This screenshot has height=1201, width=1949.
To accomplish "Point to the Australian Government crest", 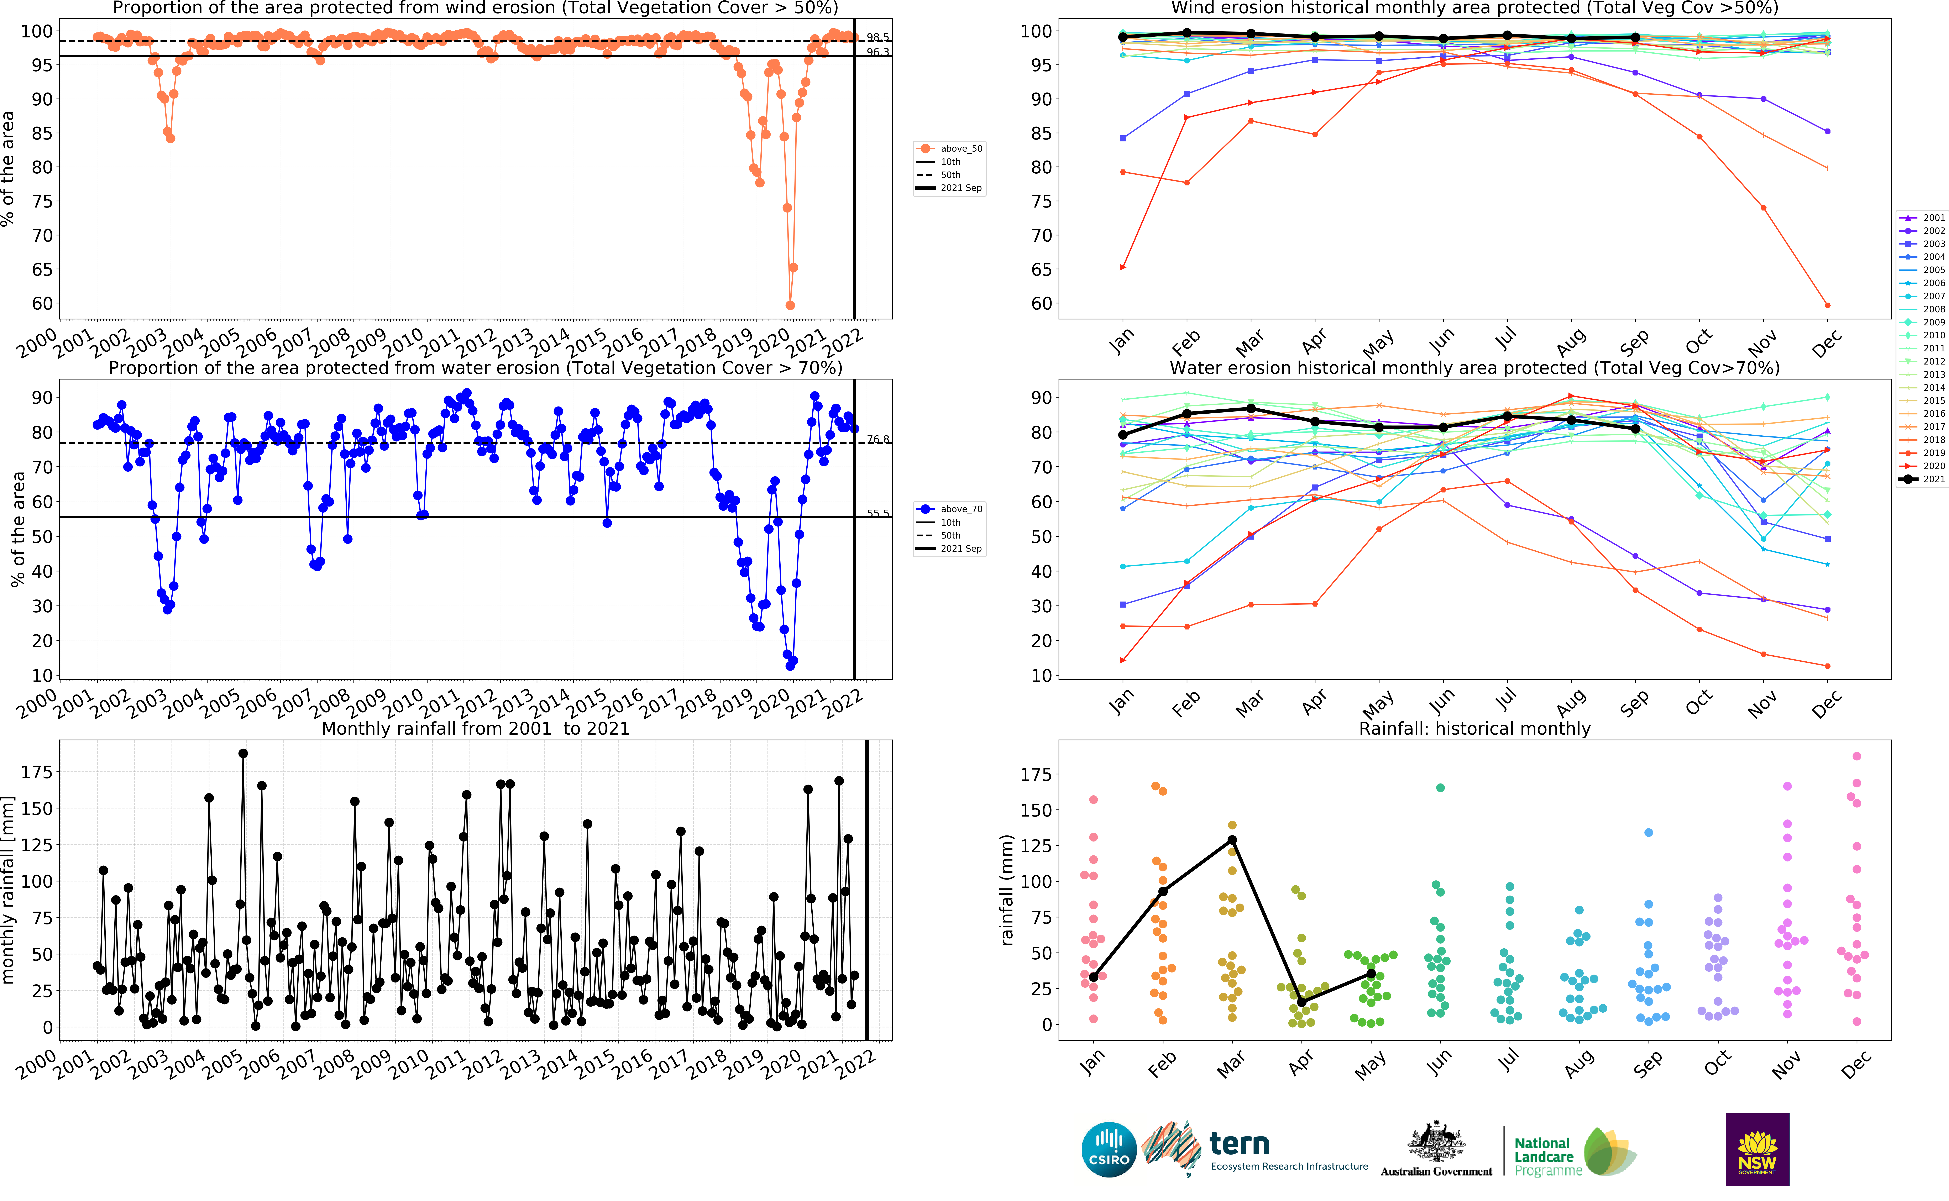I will pos(1436,1142).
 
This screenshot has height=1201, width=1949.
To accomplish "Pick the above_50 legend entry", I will pos(950,148).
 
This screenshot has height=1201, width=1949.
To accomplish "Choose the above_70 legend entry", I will pos(950,509).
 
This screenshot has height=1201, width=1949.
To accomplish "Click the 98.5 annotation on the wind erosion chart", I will pos(878,37).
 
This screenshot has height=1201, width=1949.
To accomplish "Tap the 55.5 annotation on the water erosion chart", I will pos(878,513).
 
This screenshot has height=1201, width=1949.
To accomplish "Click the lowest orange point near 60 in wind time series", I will pos(790,305).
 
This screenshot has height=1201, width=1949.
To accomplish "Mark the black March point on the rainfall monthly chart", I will pos(1232,840).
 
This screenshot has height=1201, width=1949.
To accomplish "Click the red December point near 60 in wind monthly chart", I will pos(1828,305).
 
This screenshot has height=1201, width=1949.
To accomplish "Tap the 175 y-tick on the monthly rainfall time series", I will pos(37,772).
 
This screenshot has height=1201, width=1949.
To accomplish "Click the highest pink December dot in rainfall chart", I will pos(1857,756).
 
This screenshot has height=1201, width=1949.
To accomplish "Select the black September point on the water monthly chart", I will pos(1635,429).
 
